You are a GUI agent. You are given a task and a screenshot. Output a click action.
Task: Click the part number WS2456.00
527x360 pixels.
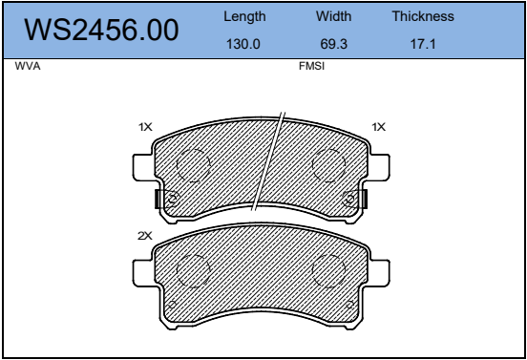click(x=101, y=30)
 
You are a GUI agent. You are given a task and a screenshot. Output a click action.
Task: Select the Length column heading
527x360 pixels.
click(x=244, y=17)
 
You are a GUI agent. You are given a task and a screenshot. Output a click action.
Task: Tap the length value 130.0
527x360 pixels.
click(x=243, y=44)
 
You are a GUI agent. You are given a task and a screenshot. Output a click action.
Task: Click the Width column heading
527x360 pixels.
click(x=333, y=16)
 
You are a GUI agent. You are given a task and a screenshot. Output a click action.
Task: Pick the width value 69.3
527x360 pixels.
click(x=334, y=44)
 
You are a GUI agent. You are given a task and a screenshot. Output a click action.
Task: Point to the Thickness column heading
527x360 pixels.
click(x=423, y=16)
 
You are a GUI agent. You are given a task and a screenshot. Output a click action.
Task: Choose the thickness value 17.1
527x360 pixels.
click(x=423, y=44)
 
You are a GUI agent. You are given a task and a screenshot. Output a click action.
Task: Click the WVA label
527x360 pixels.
click(x=28, y=66)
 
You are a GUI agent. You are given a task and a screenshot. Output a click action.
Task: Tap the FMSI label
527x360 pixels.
click(x=311, y=66)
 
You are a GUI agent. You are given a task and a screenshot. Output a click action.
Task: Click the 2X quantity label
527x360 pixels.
click(x=145, y=236)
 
